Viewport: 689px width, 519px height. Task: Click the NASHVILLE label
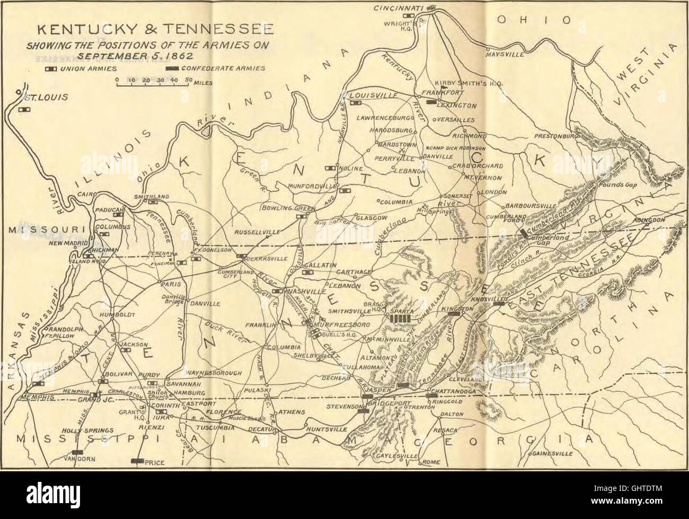pyautogui.click(x=306, y=292)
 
